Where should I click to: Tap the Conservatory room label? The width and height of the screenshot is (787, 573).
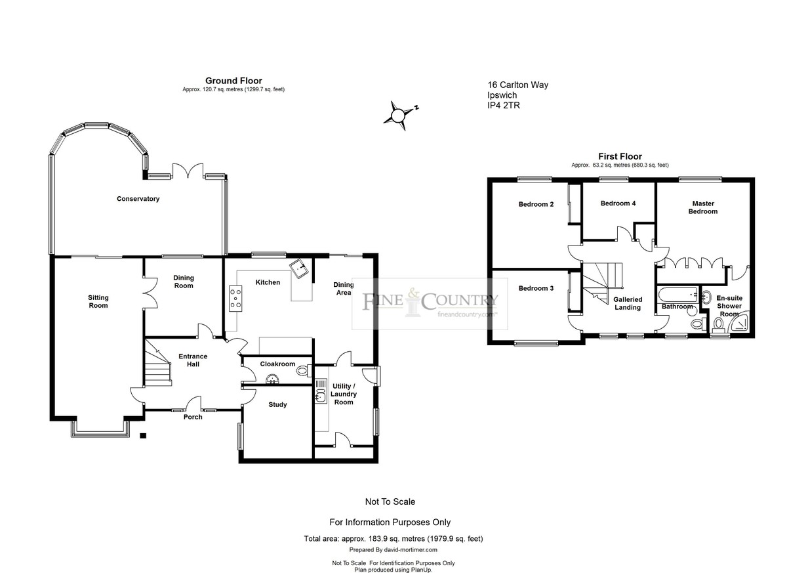[x=138, y=199]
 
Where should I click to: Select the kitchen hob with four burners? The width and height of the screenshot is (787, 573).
[x=235, y=299]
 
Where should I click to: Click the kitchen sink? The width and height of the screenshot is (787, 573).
[x=298, y=269]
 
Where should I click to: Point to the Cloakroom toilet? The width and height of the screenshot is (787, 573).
[x=303, y=370]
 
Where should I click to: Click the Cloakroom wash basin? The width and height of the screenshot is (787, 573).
[x=272, y=379]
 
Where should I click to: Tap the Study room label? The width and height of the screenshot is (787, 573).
[x=277, y=404]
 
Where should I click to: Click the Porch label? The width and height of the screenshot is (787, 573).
[x=193, y=417]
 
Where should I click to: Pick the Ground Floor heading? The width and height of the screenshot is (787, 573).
[x=233, y=81]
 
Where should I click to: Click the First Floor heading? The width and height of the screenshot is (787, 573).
[x=620, y=156]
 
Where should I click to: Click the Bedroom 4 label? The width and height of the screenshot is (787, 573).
[x=618, y=203]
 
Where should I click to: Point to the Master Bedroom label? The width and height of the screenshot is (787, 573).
[x=703, y=207]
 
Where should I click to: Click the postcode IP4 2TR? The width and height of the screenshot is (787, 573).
[x=504, y=105]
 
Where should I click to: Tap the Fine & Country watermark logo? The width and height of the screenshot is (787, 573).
[x=430, y=304]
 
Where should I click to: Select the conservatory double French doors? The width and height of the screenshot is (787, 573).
[x=188, y=171]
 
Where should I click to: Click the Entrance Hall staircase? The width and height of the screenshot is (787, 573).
[x=157, y=362]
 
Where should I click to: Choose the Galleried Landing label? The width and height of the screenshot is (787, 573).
[x=628, y=303]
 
